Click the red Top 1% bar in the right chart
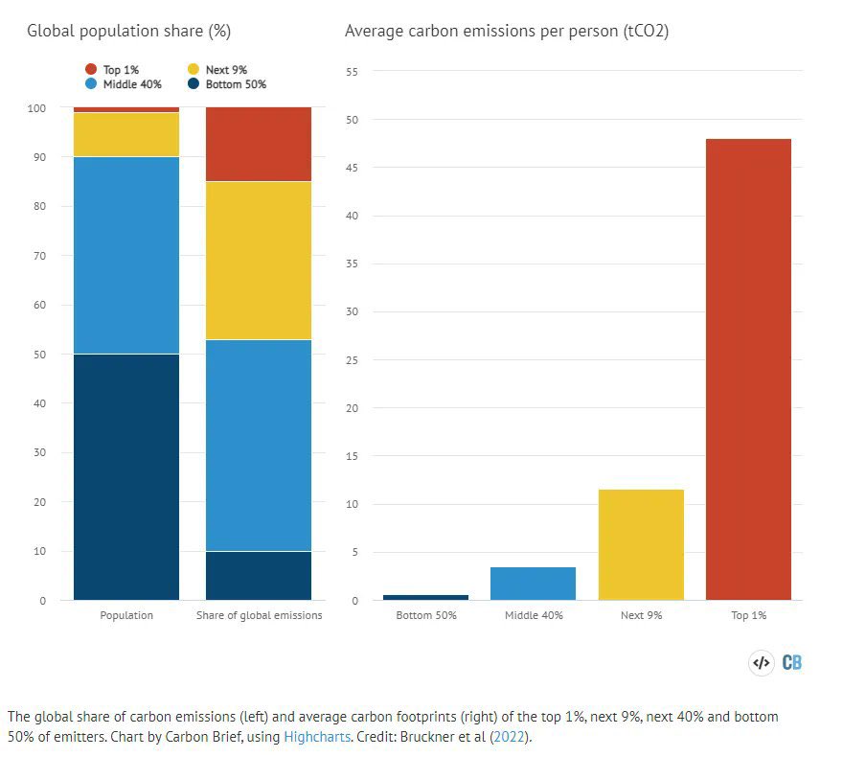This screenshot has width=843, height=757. tap(748, 369)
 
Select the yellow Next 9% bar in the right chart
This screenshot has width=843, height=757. tap(641, 544)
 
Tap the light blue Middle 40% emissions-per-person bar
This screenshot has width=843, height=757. tap(533, 584)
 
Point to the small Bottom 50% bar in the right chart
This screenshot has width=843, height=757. tap(426, 597)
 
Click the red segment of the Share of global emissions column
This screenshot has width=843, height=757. tap(259, 144)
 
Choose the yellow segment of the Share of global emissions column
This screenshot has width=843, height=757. tap(259, 260)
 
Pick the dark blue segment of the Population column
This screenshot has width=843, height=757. tap(126, 476)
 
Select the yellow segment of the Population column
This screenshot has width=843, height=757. tap(126, 134)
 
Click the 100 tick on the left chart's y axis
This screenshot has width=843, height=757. tap(36, 108)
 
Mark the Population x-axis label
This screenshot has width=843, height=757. tap(126, 615)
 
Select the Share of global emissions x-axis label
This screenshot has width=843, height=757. tap(259, 615)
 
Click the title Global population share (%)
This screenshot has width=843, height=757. tap(128, 32)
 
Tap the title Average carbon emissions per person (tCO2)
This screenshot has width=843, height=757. tap(507, 32)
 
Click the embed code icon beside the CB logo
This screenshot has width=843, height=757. tap(761, 662)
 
